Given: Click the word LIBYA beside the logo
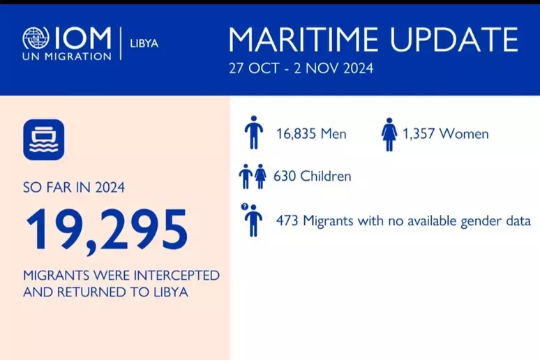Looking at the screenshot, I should (144, 43).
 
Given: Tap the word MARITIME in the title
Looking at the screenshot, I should (304, 40).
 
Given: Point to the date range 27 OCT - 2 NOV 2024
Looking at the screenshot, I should (300, 68).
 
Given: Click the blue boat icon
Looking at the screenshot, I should (43, 140).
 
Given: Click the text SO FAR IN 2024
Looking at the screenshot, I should (75, 188).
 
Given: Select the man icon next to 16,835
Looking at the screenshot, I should (253, 133).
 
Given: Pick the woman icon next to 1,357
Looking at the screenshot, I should (389, 133).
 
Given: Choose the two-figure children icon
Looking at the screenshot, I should (253, 177).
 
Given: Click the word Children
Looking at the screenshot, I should (325, 177).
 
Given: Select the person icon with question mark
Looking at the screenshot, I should (252, 219).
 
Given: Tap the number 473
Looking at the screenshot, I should (287, 221).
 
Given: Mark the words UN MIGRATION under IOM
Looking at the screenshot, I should (66, 56).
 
